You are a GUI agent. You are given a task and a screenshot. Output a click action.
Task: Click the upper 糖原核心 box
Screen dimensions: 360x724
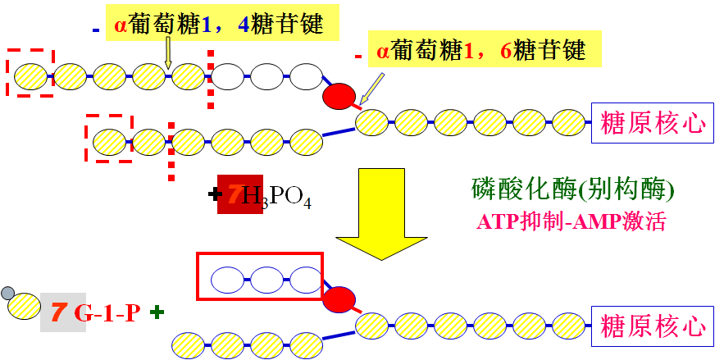pos(653,123)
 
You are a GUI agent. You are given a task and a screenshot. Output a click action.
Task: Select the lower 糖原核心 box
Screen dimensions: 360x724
pos(653,326)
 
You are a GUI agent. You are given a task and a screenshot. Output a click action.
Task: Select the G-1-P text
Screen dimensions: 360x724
pos(107,312)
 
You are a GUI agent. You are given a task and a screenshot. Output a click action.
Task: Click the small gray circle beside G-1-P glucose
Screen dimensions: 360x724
pos(8,293)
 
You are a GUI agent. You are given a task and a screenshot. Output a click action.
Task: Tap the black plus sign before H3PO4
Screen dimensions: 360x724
pos(215,195)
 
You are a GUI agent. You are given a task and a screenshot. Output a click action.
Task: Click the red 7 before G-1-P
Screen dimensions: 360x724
pos(58,312)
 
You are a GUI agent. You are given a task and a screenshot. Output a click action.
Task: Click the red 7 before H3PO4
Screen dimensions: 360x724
pos(235,195)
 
